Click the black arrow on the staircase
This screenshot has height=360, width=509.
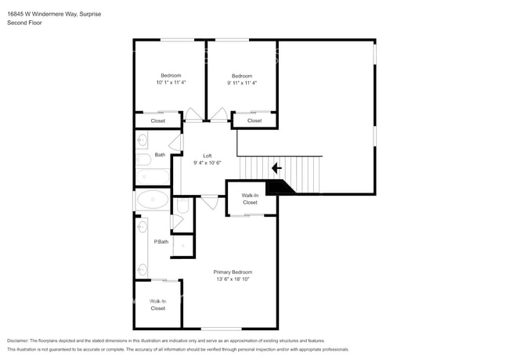click(276, 168)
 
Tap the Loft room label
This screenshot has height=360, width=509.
click(208, 156)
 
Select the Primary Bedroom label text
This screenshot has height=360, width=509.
click(233, 272)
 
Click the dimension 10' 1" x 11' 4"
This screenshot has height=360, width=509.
click(171, 82)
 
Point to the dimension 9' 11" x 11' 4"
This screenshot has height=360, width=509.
click(242, 83)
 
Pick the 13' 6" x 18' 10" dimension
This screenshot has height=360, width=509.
click(233, 279)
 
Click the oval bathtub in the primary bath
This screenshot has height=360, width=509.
click(153, 200)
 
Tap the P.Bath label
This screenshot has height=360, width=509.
click(161, 242)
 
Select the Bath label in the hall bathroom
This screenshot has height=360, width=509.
click(160, 155)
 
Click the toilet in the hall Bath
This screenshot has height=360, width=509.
click(144, 160)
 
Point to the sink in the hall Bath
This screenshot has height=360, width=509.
click(142, 140)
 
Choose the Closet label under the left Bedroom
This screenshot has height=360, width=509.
click(157, 121)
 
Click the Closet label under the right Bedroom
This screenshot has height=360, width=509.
click(254, 121)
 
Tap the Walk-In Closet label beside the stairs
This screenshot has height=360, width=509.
click(250, 199)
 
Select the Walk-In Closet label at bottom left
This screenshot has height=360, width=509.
click(157, 305)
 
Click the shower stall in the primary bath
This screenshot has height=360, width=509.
click(182, 246)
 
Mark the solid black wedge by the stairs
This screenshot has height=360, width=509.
click(280, 188)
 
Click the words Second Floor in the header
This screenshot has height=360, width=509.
click(25, 23)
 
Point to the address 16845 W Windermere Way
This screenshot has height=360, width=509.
click(42, 14)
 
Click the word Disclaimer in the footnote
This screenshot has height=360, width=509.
click(18, 340)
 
